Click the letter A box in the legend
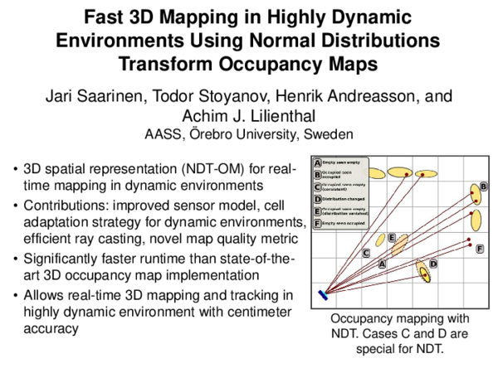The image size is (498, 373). pyautogui.click(x=317, y=162)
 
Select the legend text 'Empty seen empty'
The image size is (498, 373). pyautogui.click(x=341, y=162)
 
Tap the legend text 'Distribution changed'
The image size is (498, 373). pyautogui.click(x=344, y=200)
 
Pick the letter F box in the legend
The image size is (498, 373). pyautogui.click(x=317, y=224)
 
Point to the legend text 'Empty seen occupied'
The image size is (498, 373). pyautogui.click(x=344, y=224)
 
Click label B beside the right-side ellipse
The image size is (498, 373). pyautogui.click(x=484, y=186)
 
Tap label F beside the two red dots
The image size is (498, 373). pyautogui.click(x=480, y=249)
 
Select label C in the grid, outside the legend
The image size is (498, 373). pyautogui.click(x=366, y=253)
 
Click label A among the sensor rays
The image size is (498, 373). pyautogui.click(x=382, y=264)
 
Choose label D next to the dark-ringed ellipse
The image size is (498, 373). pyautogui.click(x=433, y=264)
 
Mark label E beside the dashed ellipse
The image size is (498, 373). pyautogui.click(x=392, y=238)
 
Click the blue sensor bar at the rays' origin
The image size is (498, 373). pyautogui.click(x=323, y=293)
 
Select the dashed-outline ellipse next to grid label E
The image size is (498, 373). pyautogui.click(x=400, y=245)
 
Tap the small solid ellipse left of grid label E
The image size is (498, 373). pyautogui.click(x=380, y=240)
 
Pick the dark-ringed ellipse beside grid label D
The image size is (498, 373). pyautogui.click(x=423, y=273)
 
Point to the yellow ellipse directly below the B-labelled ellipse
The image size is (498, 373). pyautogui.click(x=476, y=220)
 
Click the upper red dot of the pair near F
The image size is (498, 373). pyautogui.click(x=470, y=240)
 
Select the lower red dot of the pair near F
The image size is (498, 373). pyautogui.click(x=470, y=246)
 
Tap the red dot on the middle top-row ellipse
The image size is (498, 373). pyautogui.click(x=406, y=173)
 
